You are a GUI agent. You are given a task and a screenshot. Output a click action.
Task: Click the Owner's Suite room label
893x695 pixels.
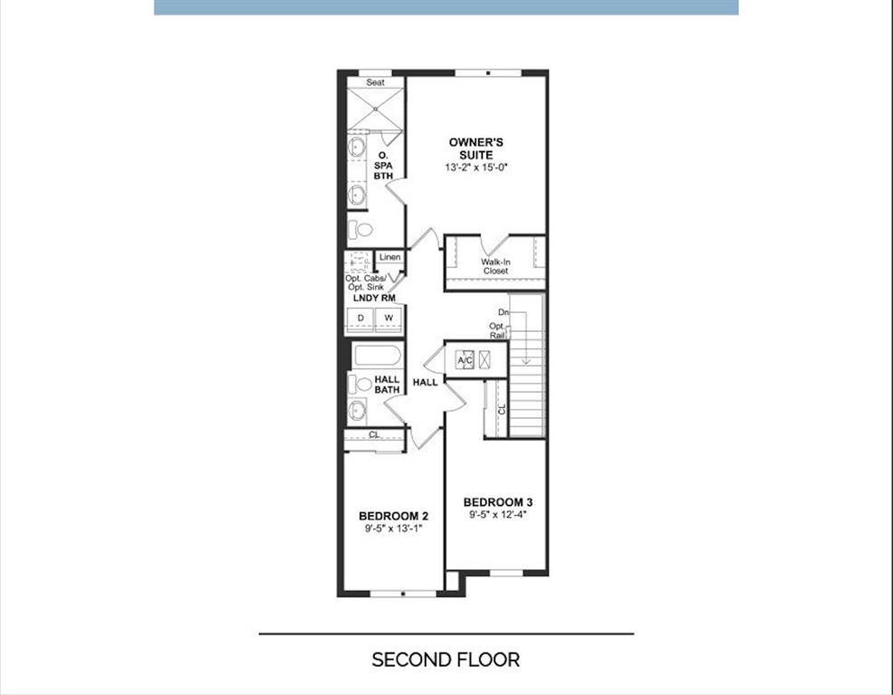click(476, 148)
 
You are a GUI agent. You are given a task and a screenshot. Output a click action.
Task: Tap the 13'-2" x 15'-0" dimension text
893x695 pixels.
click(476, 168)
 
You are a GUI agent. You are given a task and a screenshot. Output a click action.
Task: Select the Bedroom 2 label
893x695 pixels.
click(394, 516)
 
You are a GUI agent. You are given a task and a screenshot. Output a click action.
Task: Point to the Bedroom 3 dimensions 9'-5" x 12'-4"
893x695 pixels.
click(498, 515)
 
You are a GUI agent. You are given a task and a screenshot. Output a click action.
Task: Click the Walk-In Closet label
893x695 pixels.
click(495, 266)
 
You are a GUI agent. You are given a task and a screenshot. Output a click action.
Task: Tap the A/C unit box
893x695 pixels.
click(465, 360)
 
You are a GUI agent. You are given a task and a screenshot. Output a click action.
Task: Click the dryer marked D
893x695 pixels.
click(360, 319)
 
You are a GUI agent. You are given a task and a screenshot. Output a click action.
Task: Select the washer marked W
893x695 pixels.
click(389, 319)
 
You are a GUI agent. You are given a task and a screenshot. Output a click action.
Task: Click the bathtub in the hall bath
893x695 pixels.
click(378, 357)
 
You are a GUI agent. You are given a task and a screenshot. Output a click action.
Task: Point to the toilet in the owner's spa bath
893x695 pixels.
click(360, 229)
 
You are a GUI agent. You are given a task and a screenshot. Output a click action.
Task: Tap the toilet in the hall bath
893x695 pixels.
click(360, 385)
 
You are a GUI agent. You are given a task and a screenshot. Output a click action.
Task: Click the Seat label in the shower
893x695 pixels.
click(375, 82)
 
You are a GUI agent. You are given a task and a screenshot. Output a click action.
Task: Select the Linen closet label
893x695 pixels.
click(390, 257)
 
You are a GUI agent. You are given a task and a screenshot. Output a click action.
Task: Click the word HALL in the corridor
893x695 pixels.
click(426, 383)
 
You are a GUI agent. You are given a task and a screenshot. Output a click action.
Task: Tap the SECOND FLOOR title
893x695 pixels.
click(446, 661)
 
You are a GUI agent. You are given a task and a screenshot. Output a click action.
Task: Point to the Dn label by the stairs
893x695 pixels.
click(504, 312)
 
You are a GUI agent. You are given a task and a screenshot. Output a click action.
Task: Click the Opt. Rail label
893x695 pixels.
click(497, 330)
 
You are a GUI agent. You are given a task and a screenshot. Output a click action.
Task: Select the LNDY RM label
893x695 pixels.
click(374, 298)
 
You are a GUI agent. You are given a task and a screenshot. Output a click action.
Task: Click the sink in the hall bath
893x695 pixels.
click(358, 411)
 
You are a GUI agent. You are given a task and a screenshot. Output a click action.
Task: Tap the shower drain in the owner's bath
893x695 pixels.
click(376, 109)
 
